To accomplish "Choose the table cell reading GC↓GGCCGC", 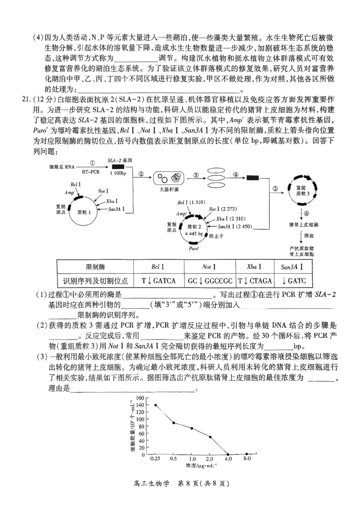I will pyautogui.click(x=210, y=281).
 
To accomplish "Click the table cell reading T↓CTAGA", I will pyautogui.click(x=255, y=281).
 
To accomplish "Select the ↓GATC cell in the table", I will pyautogui.click(x=293, y=281).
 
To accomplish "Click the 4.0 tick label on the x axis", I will pyautogui.click(x=228, y=459).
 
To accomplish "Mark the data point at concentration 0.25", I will pyautogui.click(x=156, y=405).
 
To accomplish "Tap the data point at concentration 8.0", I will pyautogui.click(x=247, y=454).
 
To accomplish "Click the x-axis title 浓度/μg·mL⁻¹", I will pyautogui.click(x=201, y=465).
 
